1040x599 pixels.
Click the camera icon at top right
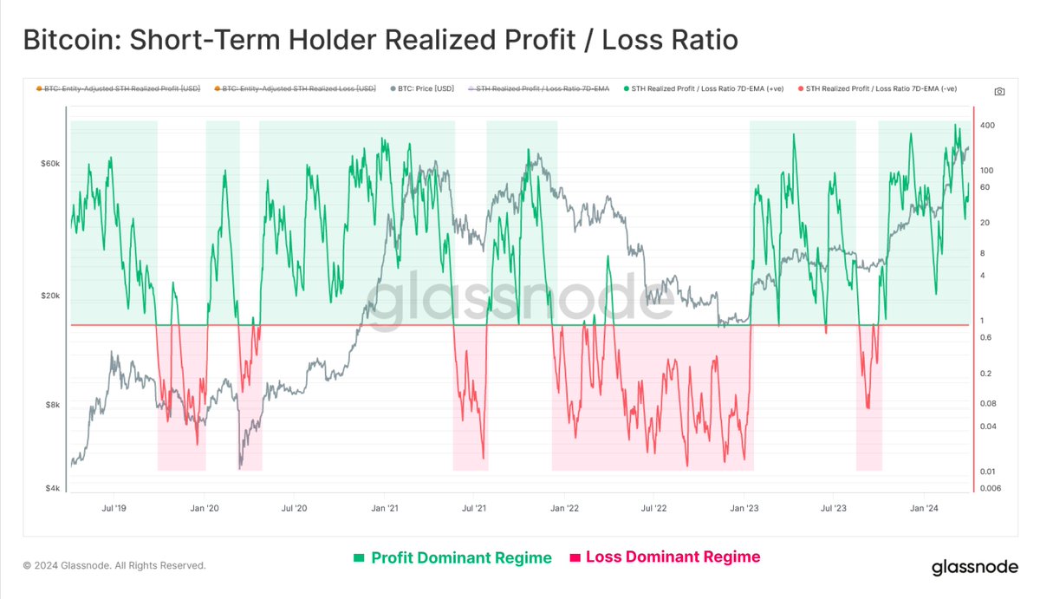tap(999, 91)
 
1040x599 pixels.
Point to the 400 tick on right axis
tap(987, 126)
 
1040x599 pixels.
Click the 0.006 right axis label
tap(991, 488)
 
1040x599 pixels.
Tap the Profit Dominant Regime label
tap(452, 557)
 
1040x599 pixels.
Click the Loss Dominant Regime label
tap(664, 557)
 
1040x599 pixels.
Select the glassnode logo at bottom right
tap(974, 568)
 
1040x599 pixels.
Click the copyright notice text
tap(114, 565)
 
